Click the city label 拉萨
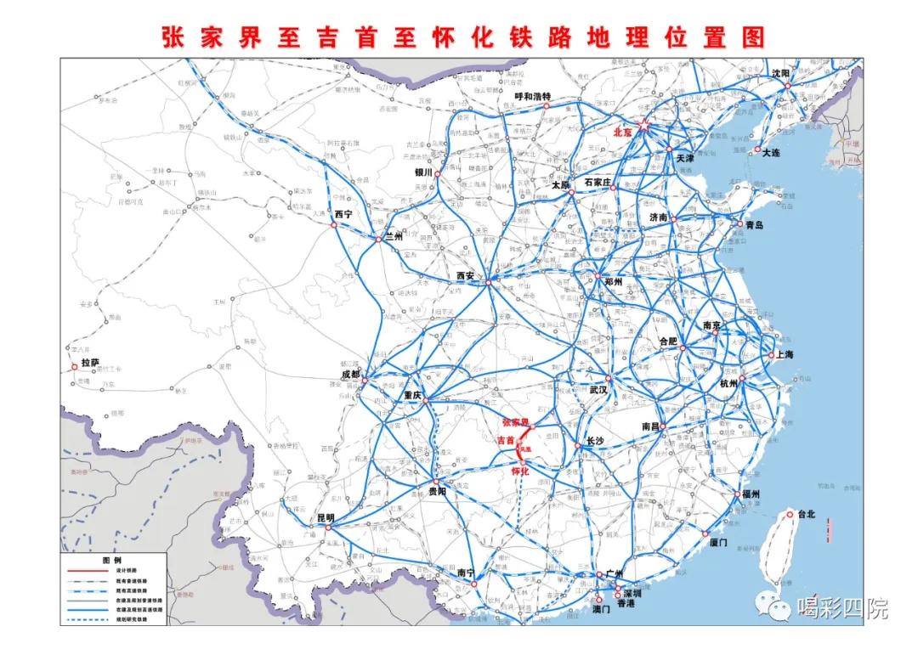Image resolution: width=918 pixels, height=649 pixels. click(90, 363)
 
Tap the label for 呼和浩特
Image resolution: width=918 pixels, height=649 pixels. click(533, 97)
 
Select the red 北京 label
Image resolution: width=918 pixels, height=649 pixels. click(622, 133)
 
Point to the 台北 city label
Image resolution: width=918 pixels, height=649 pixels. click(805, 514)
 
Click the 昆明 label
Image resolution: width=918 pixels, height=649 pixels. click(326, 517)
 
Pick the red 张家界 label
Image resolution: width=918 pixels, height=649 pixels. click(515, 422)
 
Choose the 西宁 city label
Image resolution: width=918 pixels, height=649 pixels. click(343, 213)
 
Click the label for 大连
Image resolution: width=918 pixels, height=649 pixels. click(771, 153)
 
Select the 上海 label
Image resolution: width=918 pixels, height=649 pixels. click(783, 355)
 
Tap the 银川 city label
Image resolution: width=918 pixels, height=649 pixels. click(424, 172)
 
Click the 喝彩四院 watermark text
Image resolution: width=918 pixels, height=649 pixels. click(842, 608)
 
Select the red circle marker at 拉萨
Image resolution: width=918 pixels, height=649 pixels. click(75, 367)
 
